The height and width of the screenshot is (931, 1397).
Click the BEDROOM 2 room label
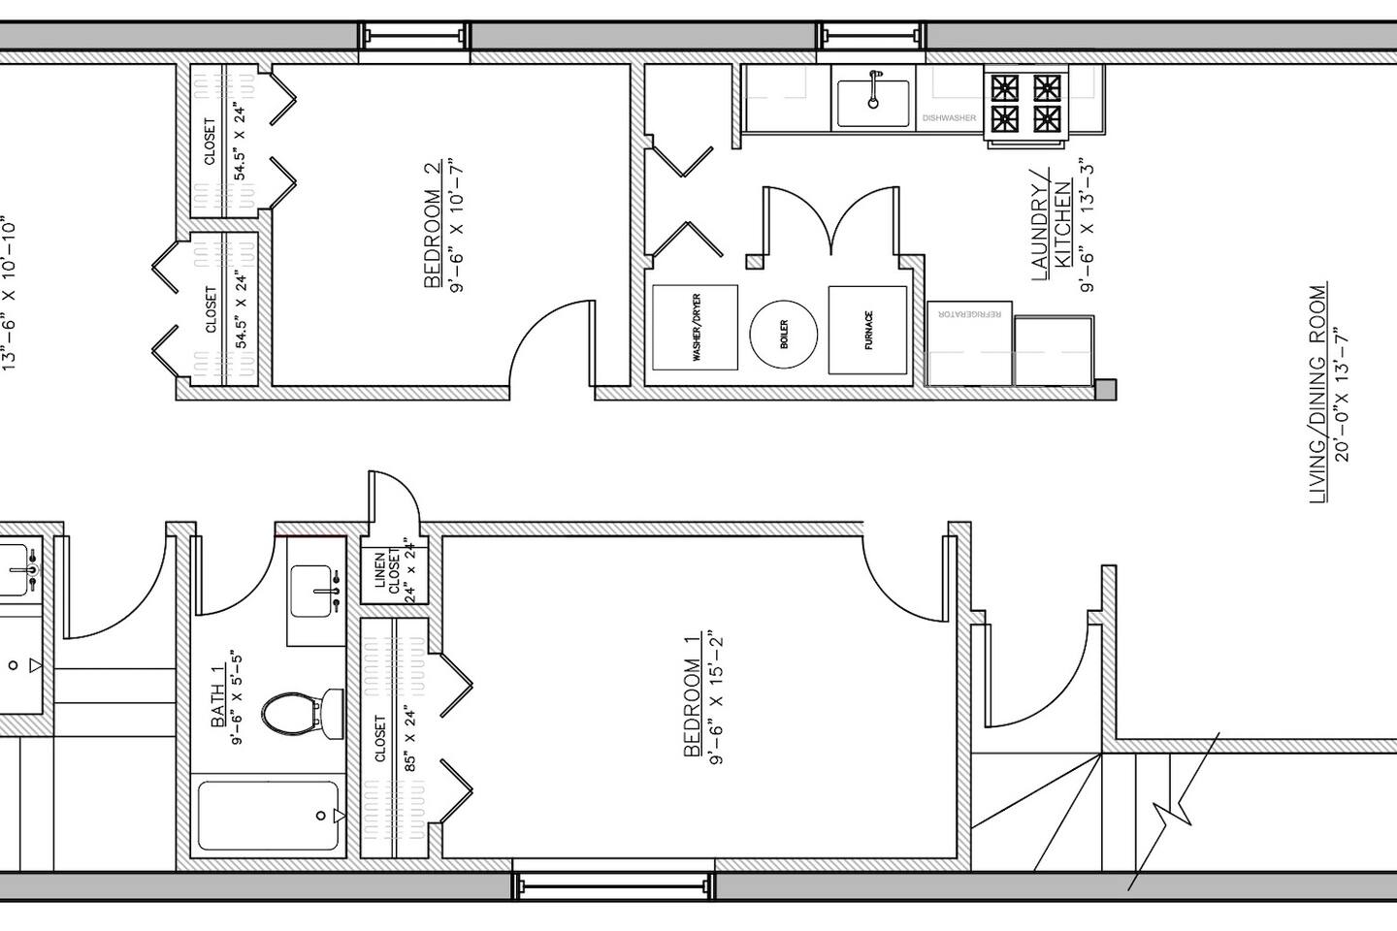pos(433,224)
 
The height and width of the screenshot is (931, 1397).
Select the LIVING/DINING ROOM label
pos(1317,393)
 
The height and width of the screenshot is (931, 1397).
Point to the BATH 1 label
pos(217,697)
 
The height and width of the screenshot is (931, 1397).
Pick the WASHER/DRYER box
pos(696,328)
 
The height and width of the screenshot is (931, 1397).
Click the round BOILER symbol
pos(783,334)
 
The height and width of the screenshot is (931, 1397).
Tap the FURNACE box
pos(867,331)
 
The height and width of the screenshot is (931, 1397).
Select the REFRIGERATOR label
pos(970,314)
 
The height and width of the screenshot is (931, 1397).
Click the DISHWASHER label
pos(949,118)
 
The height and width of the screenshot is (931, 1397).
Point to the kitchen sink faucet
pos(874,89)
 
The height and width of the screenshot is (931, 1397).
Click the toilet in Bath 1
pos(303,714)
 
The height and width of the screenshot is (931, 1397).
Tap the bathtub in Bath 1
pos(268,815)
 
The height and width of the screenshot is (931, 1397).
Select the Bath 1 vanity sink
pos(311,592)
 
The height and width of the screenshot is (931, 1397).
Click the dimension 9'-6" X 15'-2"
pos(716,699)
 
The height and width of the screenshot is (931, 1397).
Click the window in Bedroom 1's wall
pos(613,885)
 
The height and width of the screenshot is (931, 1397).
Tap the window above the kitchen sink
pos(871,36)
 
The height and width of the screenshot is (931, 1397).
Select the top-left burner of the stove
pos(1005,88)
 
